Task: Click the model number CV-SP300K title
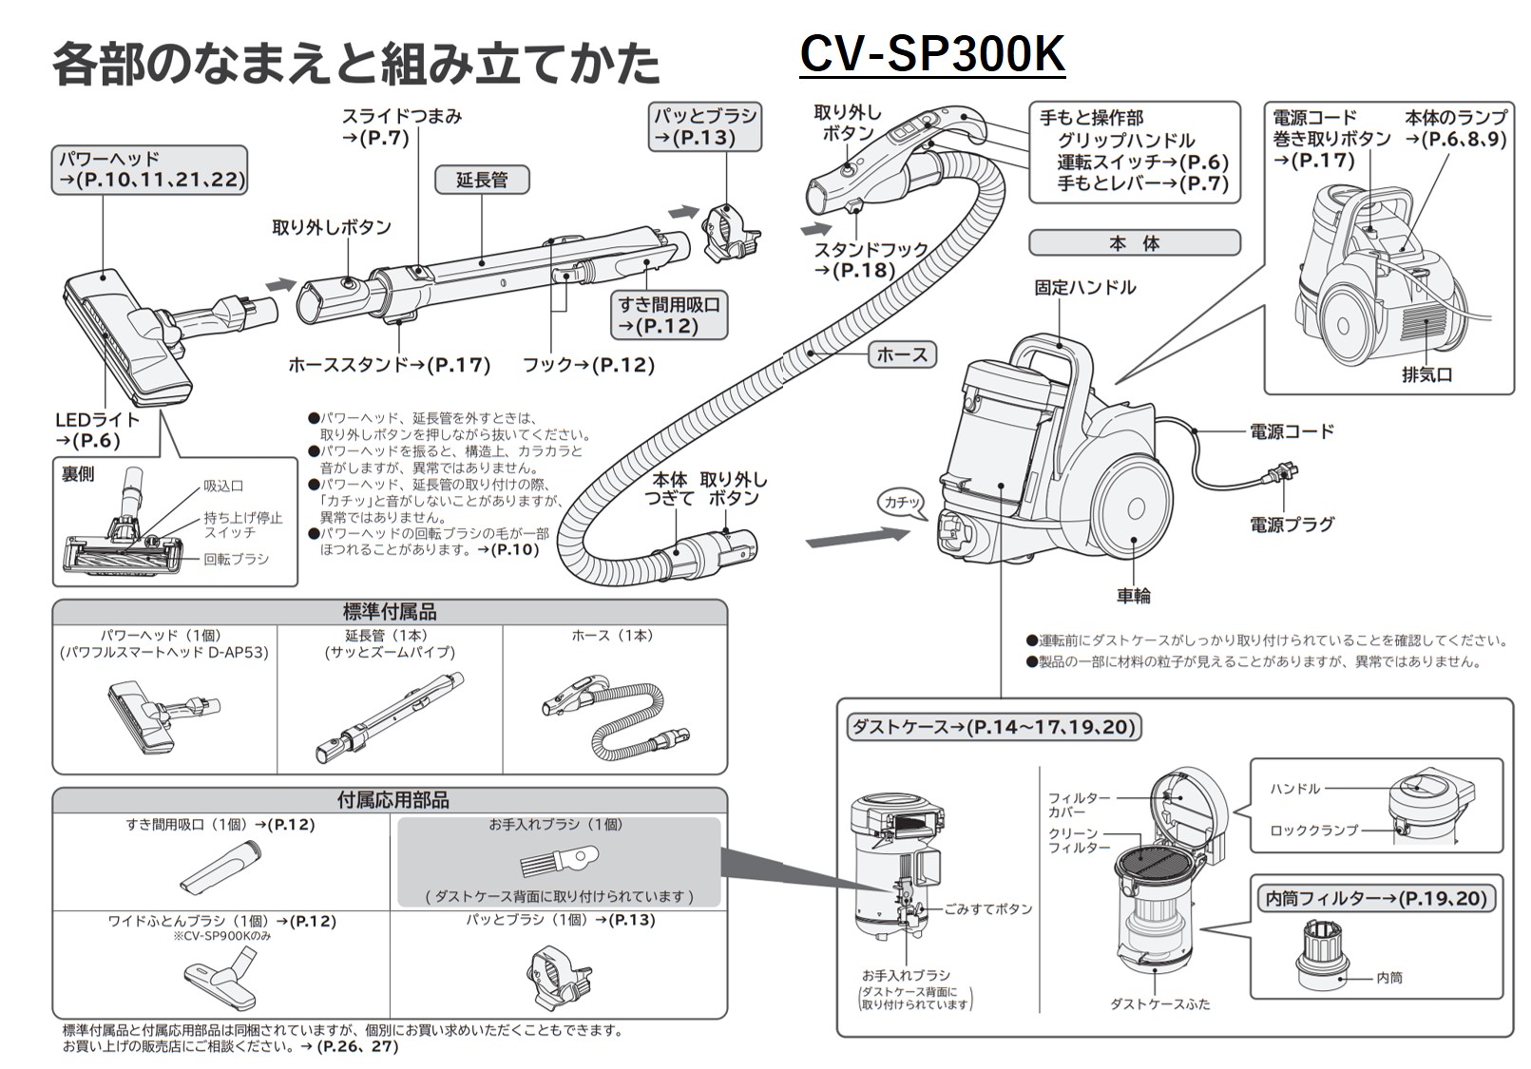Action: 931,54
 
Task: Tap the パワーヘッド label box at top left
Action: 149,170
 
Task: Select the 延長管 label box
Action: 482,180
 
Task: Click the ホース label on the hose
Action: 902,354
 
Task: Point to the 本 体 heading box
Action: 1134,243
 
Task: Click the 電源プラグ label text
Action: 1292,524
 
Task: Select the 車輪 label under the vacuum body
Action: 1134,596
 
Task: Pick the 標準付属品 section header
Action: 390,612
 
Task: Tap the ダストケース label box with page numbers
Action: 993,727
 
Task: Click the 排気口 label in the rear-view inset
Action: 1426,374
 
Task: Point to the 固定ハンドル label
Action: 1085,287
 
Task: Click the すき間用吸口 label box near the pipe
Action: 668,315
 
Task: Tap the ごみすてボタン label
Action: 988,909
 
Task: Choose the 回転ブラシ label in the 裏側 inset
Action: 236,560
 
